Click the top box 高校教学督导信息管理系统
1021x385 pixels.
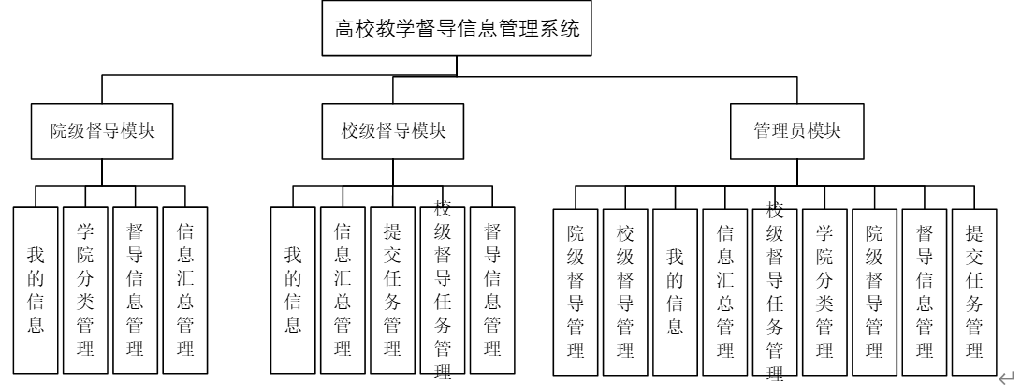[x=458, y=30]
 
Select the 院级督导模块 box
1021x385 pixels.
[x=101, y=131]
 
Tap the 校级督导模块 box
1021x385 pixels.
[x=393, y=131]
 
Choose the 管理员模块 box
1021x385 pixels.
[x=797, y=131]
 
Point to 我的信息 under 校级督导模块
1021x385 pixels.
[x=293, y=289]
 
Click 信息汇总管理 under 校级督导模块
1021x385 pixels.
[x=343, y=289]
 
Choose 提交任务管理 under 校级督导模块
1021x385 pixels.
[x=393, y=289]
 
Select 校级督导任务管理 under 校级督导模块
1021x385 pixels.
[x=443, y=289]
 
